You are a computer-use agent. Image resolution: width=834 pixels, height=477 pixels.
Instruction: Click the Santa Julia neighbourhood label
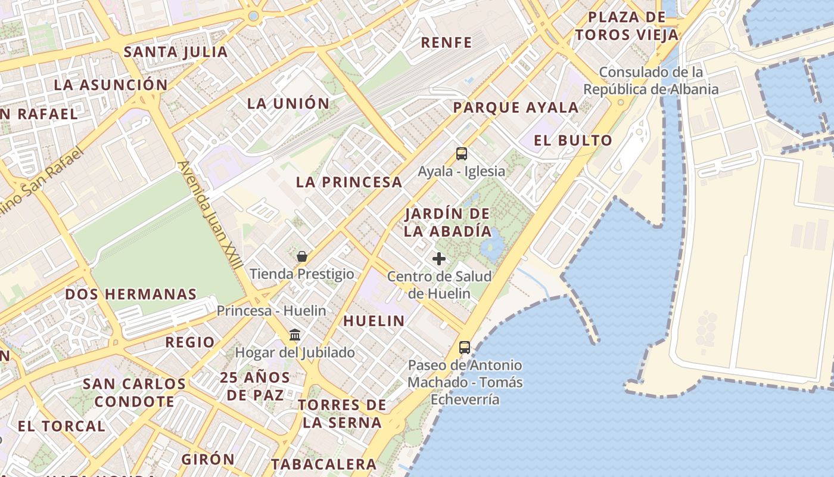click(176, 52)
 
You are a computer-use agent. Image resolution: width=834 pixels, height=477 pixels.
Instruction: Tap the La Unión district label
click(288, 103)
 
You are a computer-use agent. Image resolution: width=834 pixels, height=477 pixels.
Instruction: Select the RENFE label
click(446, 42)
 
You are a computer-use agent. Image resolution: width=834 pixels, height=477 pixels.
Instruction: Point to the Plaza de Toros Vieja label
click(627, 26)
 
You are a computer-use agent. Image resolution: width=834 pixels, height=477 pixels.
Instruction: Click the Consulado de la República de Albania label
click(651, 81)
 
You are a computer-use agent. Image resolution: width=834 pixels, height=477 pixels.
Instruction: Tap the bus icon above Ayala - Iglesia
click(462, 154)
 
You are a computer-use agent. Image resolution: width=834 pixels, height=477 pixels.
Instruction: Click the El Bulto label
click(573, 141)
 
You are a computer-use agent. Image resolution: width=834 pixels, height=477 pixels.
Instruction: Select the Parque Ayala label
click(516, 108)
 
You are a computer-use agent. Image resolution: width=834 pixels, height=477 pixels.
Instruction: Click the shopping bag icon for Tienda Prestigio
click(302, 256)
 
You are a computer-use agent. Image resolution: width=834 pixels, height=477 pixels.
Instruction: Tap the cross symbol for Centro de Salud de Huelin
click(439, 259)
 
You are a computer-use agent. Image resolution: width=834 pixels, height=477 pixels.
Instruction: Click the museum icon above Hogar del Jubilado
click(295, 334)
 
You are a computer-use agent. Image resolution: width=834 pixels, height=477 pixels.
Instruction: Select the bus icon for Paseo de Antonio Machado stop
click(465, 347)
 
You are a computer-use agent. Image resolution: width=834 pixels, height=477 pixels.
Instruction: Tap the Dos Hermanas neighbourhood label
click(130, 294)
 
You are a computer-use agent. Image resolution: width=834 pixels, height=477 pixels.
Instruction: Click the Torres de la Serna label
click(342, 414)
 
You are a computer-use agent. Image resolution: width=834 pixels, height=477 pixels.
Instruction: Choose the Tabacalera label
click(323, 464)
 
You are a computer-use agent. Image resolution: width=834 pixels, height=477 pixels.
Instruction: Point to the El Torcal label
click(61, 426)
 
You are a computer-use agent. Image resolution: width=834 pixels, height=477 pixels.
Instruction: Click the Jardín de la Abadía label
click(448, 222)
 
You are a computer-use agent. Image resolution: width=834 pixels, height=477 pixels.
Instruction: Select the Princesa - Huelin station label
click(271, 311)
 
